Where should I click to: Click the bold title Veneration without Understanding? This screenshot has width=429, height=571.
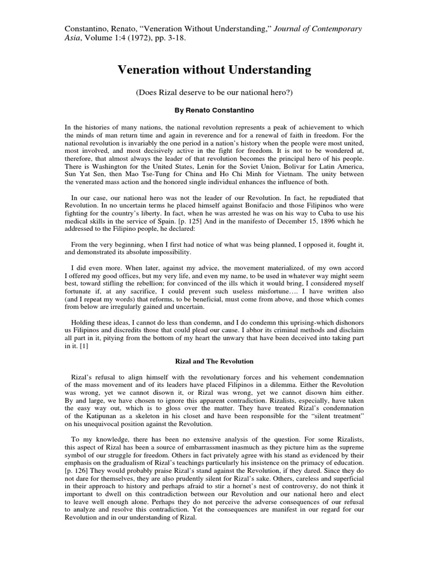214,70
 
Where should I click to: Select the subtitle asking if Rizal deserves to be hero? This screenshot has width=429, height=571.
214,91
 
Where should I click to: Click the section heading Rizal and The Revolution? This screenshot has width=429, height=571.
214,361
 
